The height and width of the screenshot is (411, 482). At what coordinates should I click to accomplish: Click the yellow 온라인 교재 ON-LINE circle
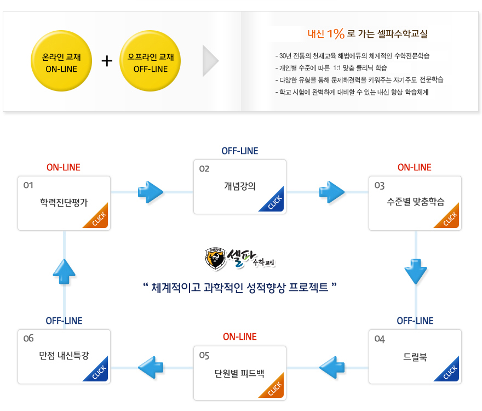coord(61,62)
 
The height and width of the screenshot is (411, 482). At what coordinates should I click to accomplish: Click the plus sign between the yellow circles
coord(107,61)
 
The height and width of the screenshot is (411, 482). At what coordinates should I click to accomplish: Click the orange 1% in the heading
coord(335,34)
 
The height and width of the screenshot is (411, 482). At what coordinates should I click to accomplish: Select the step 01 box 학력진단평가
coord(64,203)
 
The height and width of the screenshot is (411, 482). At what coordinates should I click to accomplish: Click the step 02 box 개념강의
coord(240,186)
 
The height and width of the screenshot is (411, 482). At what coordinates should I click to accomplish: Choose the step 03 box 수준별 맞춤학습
coord(415,203)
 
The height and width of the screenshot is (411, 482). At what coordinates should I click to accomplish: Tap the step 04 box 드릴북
coord(415,356)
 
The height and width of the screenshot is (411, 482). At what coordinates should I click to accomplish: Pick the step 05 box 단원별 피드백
coord(240,373)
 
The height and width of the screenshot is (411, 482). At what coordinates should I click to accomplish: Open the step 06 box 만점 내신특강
coord(64,356)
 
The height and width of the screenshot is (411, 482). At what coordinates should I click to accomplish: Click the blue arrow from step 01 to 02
coord(151,192)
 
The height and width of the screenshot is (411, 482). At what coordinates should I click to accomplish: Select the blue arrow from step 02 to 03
coord(331,192)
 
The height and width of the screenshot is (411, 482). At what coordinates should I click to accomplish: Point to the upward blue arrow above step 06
coord(65,271)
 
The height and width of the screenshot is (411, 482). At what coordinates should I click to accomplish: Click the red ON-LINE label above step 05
coord(239,336)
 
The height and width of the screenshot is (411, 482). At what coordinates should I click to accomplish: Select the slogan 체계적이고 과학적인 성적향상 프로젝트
coord(239,287)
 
